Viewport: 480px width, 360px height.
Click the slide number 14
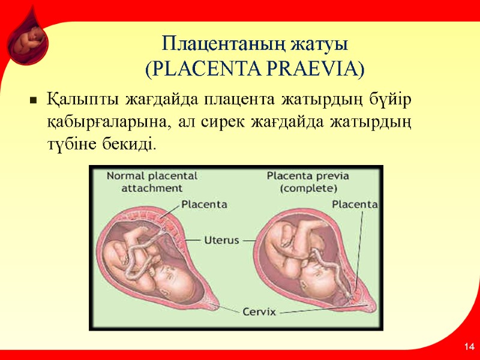pos(469,347)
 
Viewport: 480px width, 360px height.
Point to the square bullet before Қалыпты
pos(34,100)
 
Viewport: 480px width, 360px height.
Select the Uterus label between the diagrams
pos(221,239)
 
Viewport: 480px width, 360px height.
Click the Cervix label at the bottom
pos(259,312)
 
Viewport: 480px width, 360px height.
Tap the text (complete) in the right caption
pos(308,188)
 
